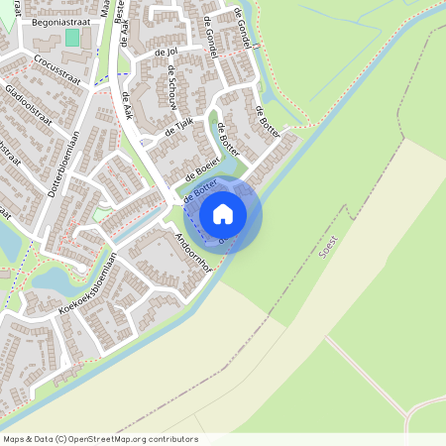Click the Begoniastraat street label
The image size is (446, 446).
click(34, 19)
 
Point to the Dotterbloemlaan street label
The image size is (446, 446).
click(62, 163)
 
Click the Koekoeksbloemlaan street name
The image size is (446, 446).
click(87, 283)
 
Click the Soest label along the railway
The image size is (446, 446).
click(330, 246)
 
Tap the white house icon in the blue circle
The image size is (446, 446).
click(223, 213)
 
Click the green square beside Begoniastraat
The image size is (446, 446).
click(72, 37)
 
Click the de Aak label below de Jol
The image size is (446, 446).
click(126, 105)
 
